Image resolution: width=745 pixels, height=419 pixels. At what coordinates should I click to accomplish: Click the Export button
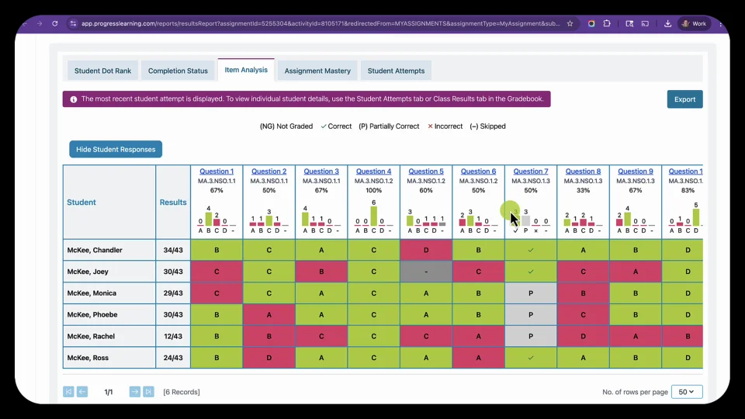pos(684,99)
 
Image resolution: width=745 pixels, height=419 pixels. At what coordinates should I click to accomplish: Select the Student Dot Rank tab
pos(102,71)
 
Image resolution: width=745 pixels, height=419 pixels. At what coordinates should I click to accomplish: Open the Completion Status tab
pos(178,71)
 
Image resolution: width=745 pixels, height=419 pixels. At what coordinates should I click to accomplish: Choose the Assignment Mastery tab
pos(317,71)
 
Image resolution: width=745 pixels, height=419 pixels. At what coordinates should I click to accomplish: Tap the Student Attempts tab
pos(396,71)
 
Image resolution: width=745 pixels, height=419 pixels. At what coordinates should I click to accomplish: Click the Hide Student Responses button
pos(116,149)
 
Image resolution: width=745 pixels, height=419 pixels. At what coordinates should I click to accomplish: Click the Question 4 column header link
pos(373,171)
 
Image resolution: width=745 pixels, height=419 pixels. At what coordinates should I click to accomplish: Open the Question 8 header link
pos(583,171)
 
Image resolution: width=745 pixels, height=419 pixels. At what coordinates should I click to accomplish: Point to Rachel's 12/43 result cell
pos(173,336)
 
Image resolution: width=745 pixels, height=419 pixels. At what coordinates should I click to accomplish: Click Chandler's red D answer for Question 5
pos(426,250)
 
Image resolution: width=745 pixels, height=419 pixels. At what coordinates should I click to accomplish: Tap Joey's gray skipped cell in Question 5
pos(426,272)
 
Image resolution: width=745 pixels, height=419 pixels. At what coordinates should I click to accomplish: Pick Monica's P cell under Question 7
pos(531,293)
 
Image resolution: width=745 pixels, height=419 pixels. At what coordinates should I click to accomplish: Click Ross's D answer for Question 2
pos(269,358)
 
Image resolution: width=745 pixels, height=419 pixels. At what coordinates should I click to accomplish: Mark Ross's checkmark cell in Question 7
pos(531,358)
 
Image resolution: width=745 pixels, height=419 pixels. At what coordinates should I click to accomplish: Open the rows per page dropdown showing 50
pos(686,392)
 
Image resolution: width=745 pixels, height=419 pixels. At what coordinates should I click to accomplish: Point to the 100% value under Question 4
pos(373,190)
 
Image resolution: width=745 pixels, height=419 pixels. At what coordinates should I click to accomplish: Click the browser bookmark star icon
pos(570,23)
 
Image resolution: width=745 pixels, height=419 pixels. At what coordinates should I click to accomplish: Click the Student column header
pos(81,203)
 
